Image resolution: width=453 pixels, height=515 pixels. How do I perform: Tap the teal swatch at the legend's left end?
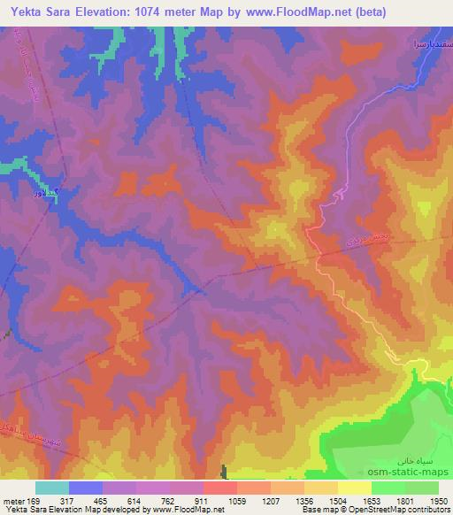(52, 488)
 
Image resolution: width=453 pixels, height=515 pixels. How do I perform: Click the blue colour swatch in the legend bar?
(86, 488)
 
